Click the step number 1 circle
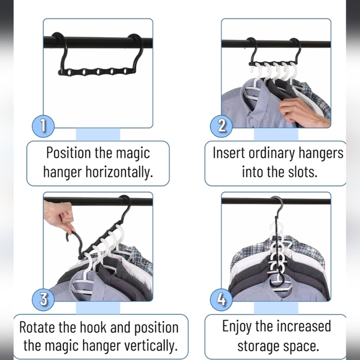tap(43, 126)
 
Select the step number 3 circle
tap(43, 299)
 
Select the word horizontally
tap(116, 171)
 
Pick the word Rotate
tap(41, 327)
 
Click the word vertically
tap(146, 344)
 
